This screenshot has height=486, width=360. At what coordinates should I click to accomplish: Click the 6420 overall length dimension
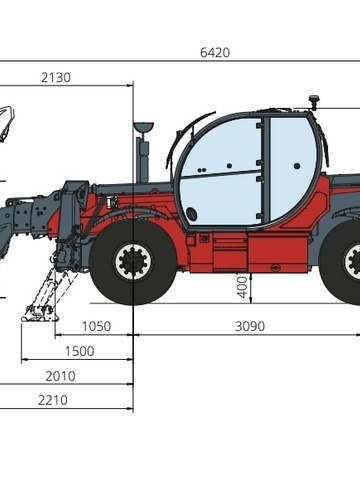coord(213,52)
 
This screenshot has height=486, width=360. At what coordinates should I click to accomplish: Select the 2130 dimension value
coord(56,77)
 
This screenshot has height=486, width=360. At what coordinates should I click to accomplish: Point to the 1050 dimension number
coord(96,326)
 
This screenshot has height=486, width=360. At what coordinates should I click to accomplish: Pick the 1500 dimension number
coord(79,351)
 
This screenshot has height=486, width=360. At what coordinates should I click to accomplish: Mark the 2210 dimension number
coord(53,400)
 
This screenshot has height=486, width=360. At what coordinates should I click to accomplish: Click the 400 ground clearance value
coord(242,287)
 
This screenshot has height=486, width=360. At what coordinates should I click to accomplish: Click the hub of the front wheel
coord(132,262)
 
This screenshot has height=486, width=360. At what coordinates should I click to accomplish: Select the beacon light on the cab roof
coord(314,101)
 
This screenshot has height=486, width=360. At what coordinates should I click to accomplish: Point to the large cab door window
coord(220,170)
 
